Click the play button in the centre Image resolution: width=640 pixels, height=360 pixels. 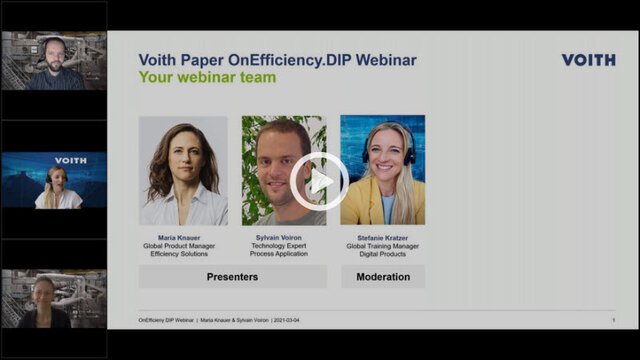click(x=320, y=181)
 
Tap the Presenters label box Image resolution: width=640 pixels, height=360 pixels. click(x=232, y=277)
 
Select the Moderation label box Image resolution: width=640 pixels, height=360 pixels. click(x=383, y=277)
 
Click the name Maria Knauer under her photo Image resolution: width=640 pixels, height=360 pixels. click(x=183, y=238)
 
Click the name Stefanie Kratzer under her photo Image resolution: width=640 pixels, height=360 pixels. click(x=383, y=238)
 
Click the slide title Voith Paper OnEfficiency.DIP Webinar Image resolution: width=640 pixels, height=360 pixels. click(x=278, y=60)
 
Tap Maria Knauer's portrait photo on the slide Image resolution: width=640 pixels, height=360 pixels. click(x=183, y=170)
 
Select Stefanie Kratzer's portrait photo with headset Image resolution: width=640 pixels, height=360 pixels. click(x=383, y=170)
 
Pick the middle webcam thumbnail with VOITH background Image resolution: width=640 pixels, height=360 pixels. click(x=55, y=180)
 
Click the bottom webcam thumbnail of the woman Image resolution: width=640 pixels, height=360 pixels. click(x=55, y=298)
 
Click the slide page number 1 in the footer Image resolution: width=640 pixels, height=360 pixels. click(x=613, y=320)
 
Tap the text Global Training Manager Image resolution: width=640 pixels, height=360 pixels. click(x=383, y=246)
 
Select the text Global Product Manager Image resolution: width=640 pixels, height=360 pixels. click(x=183, y=246)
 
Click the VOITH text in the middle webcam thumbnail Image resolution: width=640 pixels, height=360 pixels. click(x=71, y=160)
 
